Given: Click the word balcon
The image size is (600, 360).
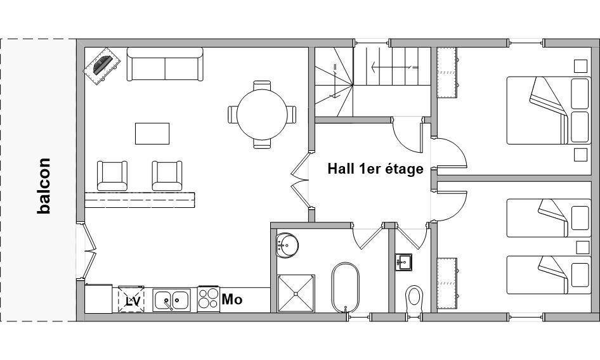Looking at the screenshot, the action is (44, 186).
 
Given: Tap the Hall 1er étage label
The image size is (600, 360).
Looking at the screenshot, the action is (375, 169).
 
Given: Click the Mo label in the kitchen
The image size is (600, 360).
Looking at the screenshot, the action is (232, 299).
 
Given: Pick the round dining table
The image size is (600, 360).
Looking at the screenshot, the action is (262, 114).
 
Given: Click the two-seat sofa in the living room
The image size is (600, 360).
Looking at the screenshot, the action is (165, 64).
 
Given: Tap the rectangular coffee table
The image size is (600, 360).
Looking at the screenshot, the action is (152, 134).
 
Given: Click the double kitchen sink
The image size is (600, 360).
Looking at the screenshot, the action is (172, 300).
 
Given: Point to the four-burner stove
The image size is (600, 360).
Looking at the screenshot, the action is (209, 299).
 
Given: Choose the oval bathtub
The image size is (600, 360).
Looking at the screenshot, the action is (346, 287).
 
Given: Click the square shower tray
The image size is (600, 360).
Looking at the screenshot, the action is (296, 293).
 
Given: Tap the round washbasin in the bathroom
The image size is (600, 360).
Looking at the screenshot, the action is (287, 245).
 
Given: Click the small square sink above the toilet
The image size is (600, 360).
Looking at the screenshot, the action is (403, 262).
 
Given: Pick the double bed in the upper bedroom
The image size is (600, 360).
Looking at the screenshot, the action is (547, 110).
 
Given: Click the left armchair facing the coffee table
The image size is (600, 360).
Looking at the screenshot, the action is (112, 176).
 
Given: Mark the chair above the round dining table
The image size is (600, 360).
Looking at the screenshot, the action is (262, 86).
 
